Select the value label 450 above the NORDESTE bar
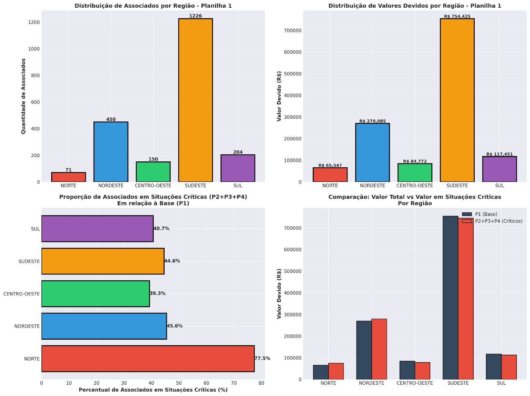pos(111,119)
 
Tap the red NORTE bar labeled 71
pos(69,177)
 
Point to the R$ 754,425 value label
pos(457,16)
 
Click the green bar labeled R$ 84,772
pos(415,173)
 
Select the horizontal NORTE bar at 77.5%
pos(148,359)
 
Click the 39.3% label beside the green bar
pos(157,294)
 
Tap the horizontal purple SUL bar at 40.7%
pos(97,229)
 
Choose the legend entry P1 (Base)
pos(486,214)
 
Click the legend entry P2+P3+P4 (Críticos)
pos(499,221)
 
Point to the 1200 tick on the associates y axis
pos(34,22)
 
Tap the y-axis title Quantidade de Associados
pos(24,96)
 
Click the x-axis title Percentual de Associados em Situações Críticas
pos(153,390)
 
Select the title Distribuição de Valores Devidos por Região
pos(415,6)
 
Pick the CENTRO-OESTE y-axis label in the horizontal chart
pos(22,294)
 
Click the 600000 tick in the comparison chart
pos(292,250)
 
